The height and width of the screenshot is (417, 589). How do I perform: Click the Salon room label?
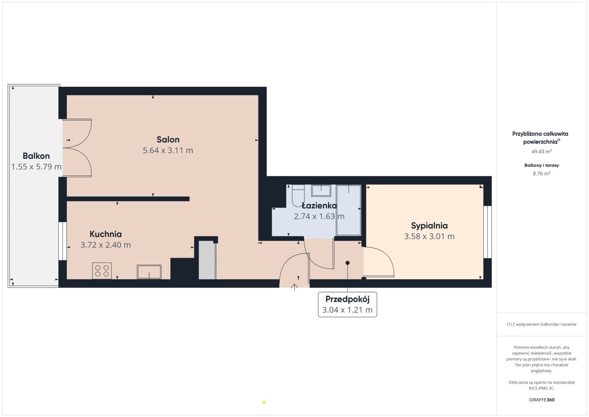click(x=168, y=139)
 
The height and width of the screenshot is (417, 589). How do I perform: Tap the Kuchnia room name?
click(x=105, y=234)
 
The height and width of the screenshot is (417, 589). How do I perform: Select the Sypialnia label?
click(x=429, y=226)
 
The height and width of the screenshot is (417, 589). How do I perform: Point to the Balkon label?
click(x=36, y=156)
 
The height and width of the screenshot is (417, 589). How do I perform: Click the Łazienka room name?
click(x=319, y=205)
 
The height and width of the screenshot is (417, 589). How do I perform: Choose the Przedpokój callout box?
click(x=347, y=305)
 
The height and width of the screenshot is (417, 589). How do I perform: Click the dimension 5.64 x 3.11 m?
click(x=168, y=151)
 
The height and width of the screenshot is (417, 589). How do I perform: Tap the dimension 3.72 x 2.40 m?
click(x=105, y=245)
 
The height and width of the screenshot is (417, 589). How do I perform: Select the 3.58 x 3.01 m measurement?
click(x=429, y=237)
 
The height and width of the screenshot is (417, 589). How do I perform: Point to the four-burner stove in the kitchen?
click(x=102, y=271)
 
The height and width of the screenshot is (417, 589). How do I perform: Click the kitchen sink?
click(x=149, y=272)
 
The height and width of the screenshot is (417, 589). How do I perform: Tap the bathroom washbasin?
click(x=321, y=191)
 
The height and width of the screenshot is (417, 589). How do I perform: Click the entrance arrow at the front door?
click(x=294, y=287)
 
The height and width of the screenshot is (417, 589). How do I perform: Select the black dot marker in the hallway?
click(x=347, y=263)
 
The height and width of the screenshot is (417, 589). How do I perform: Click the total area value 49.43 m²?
click(x=542, y=151)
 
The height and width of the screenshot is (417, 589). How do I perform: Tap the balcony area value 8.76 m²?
click(x=542, y=174)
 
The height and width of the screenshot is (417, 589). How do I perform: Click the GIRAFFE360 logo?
click(x=542, y=400)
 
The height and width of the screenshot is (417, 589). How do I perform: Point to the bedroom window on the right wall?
click(x=487, y=232)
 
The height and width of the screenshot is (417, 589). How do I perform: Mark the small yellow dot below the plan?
click(x=264, y=402)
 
